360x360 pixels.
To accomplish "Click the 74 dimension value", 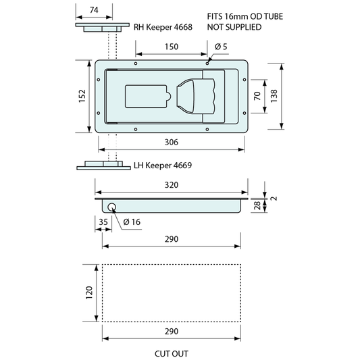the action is pyautogui.click(x=94, y=10).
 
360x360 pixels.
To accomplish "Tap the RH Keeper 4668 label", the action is pyautogui.click(x=163, y=27).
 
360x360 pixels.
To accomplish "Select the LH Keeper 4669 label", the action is pyautogui.click(x=163, y=165).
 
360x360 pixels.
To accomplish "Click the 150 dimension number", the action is pyautogui.click(x=172, y=47).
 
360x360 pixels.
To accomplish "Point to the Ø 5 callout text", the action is pyautogui.click(x=221, y=47).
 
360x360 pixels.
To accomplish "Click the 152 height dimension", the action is pyautogui.click(x=82, y=96).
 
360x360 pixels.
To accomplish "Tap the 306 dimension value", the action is pyautogui.click(x=172, y=143).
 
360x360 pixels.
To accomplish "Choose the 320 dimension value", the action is pyautogui.click(x=172, y=185).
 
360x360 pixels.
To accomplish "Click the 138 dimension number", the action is pyautogui.click(x=274, y=96).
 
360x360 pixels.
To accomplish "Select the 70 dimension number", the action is pyautogui.click(x=257, y=96).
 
